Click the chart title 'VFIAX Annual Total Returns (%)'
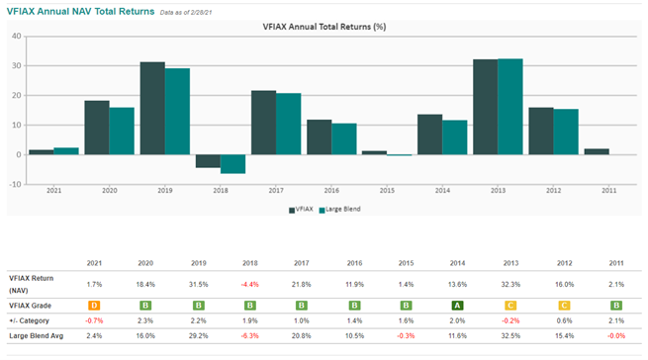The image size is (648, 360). click(x=324, y=27)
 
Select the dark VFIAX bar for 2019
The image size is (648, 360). click(x=152, y=108)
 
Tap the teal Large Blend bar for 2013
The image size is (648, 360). click(x=510, y=107)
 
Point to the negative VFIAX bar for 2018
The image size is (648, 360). click(x=208, y=161)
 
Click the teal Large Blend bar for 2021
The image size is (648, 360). click(x=66, y=151)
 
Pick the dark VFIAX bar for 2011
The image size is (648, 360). click(x=597, y=151)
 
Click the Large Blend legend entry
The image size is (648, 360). click(x=339, y=209)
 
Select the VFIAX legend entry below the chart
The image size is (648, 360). click(x=301, y=209)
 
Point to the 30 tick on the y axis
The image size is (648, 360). click(x=17, y=65)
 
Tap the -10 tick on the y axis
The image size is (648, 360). click(x=15, y=184)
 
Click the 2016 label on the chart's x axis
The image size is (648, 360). click(x=331, y=191)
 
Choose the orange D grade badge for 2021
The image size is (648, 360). click(x=94, y=306)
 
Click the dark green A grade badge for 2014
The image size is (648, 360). click(x=457, y=306)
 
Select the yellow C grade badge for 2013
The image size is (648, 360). click(x=510, y=306)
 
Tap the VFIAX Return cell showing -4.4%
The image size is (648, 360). click(x=250, y=285)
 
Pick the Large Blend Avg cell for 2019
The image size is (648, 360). click(x=199, y=336)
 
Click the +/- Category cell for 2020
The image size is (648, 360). click(x=145, y=320)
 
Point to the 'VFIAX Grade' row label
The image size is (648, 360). click(x=30, y=306)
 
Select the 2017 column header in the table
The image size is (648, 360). click(x=302, y=263)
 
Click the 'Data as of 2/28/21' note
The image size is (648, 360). click(x=186, y=13)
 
